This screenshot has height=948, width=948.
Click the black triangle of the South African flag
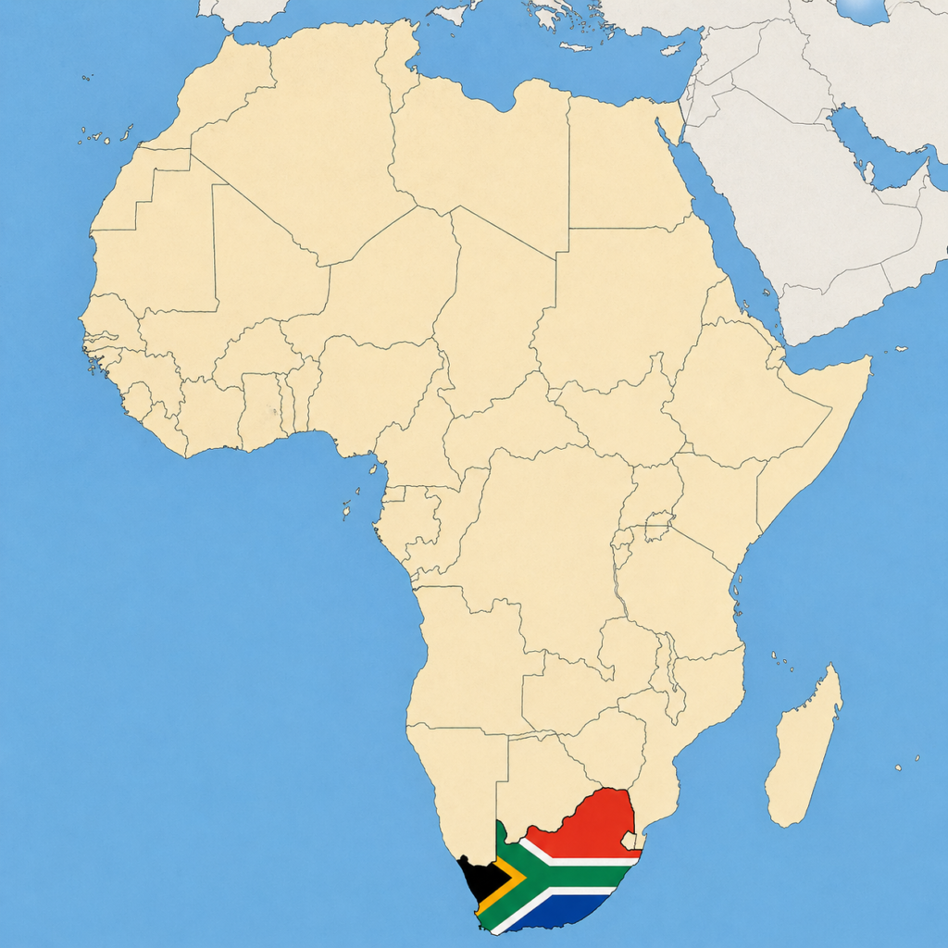click(x=483, y=877)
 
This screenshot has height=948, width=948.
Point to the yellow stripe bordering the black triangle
click(x=512, y=879)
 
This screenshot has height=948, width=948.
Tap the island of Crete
click(x=576, y=46)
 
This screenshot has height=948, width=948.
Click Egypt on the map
click(x=625, y=167)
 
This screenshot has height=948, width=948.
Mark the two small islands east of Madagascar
click(x=907, y=764)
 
